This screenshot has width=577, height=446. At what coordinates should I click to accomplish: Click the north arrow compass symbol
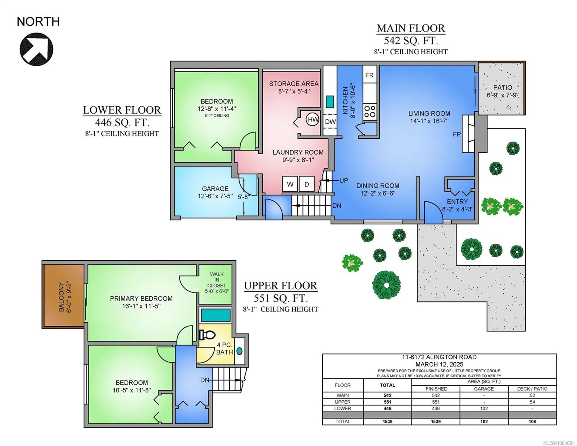click(x=37, y=49)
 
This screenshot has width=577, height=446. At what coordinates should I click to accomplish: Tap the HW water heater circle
click(x=313, y=120)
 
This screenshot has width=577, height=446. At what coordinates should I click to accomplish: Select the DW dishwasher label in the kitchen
click(x=330, y=122)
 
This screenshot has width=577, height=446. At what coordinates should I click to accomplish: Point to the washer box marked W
click(x=290, y=184)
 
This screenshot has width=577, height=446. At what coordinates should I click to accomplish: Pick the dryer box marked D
click(x=307, y=184)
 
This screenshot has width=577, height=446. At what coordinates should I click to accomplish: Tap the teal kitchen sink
click(x=330, y=101)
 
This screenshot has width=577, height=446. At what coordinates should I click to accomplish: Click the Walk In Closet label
click(x=217, y=280)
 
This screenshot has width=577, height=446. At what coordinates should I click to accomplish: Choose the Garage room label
click(x=215, y=188)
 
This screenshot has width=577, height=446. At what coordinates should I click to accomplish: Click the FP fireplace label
click(x=457, y=135)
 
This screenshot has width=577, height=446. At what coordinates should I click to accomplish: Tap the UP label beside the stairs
click(x=344, y=181)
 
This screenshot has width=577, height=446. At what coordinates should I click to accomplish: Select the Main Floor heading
click(x=411, y=28)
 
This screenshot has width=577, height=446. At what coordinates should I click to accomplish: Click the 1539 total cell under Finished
click(x=436, y=421)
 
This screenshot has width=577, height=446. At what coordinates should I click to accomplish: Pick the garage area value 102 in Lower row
click(x=484, y=408)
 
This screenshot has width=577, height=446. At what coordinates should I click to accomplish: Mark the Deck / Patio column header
click(x=532, y=389)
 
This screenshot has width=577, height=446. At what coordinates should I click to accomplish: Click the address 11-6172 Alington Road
click(x=439, y=357)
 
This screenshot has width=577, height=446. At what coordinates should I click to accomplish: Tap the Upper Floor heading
click(x=281, y=286)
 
